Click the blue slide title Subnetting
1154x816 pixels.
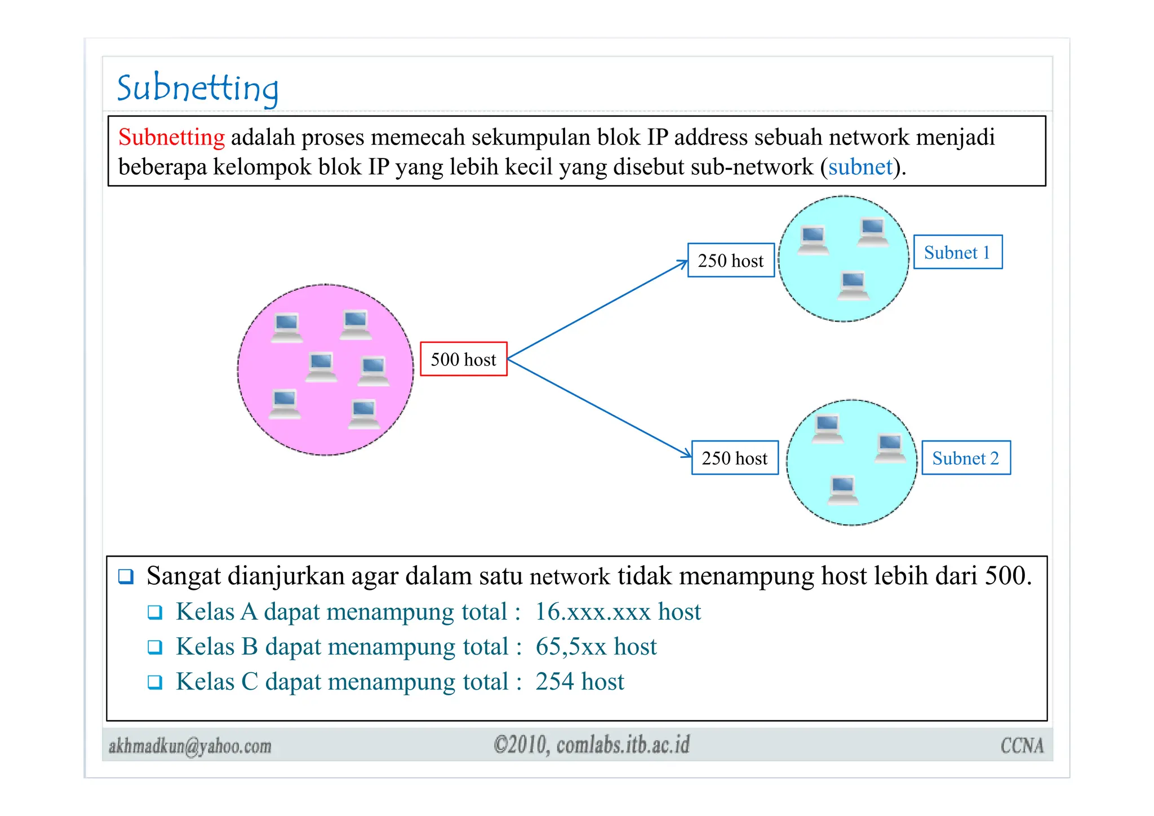coord(197,89)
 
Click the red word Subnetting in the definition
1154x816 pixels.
coord(171,137)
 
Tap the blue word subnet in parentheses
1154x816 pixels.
coord(860,167)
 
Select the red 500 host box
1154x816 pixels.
coord(463,359)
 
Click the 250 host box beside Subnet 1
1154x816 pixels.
coord(730,261)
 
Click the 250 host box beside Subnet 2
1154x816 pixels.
coord(734,458)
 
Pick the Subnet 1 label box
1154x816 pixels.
coord(957,252)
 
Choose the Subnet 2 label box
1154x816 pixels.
coord(965,458)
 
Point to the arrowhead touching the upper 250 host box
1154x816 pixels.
coord(684,263)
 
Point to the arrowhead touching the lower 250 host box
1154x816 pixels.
coord(687,454)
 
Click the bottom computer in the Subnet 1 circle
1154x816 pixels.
coord(853,285)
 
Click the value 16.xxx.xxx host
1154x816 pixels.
coord(618,612)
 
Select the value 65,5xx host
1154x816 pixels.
coord(596,647)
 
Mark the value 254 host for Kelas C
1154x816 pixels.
coord(579,682)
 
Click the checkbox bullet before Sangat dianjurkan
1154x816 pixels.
coord(126,576)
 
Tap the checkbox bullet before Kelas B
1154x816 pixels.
coord(155,647)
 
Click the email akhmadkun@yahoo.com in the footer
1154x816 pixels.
coord(190,746)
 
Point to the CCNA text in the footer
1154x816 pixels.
coord(1022,746)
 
